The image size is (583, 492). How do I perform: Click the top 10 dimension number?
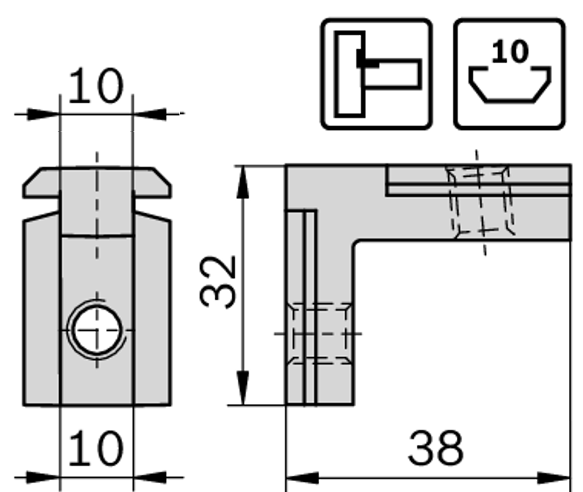coord(96,86)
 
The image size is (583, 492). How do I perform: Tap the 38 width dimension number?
coord(436,447)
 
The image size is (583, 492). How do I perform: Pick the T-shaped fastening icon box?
coord(376,74)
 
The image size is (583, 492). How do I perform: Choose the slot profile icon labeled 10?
coord(510,74)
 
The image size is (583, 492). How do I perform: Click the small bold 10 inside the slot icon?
coord(510,52)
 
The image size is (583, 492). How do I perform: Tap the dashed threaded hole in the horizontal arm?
coord(480,201)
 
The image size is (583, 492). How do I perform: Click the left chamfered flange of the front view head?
coord(41,184)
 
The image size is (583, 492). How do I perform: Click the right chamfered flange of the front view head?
coord(152,184)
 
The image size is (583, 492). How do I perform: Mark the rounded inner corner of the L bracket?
coord(359,245)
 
